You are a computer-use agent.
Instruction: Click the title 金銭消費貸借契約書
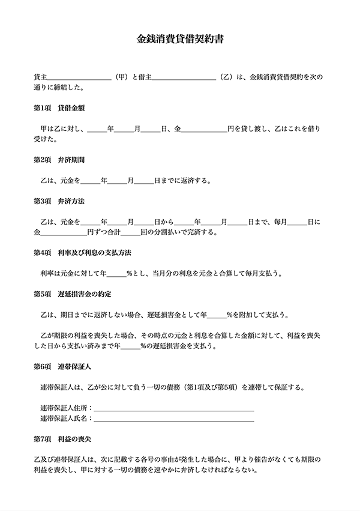coord(180,40)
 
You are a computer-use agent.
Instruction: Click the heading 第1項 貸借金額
coord(59,109)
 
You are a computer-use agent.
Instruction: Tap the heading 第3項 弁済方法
coord(59,201)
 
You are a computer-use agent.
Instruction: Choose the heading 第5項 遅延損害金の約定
coord(73,294)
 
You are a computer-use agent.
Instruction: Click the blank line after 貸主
coord(79,78)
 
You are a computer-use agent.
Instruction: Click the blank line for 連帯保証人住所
coord(174,408)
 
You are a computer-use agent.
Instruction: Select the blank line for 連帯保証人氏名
coord(174,419)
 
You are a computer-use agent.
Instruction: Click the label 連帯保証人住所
coord(63,408)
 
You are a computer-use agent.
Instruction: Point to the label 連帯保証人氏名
coord(63,418)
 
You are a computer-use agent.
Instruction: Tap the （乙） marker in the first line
coord(226,77)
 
